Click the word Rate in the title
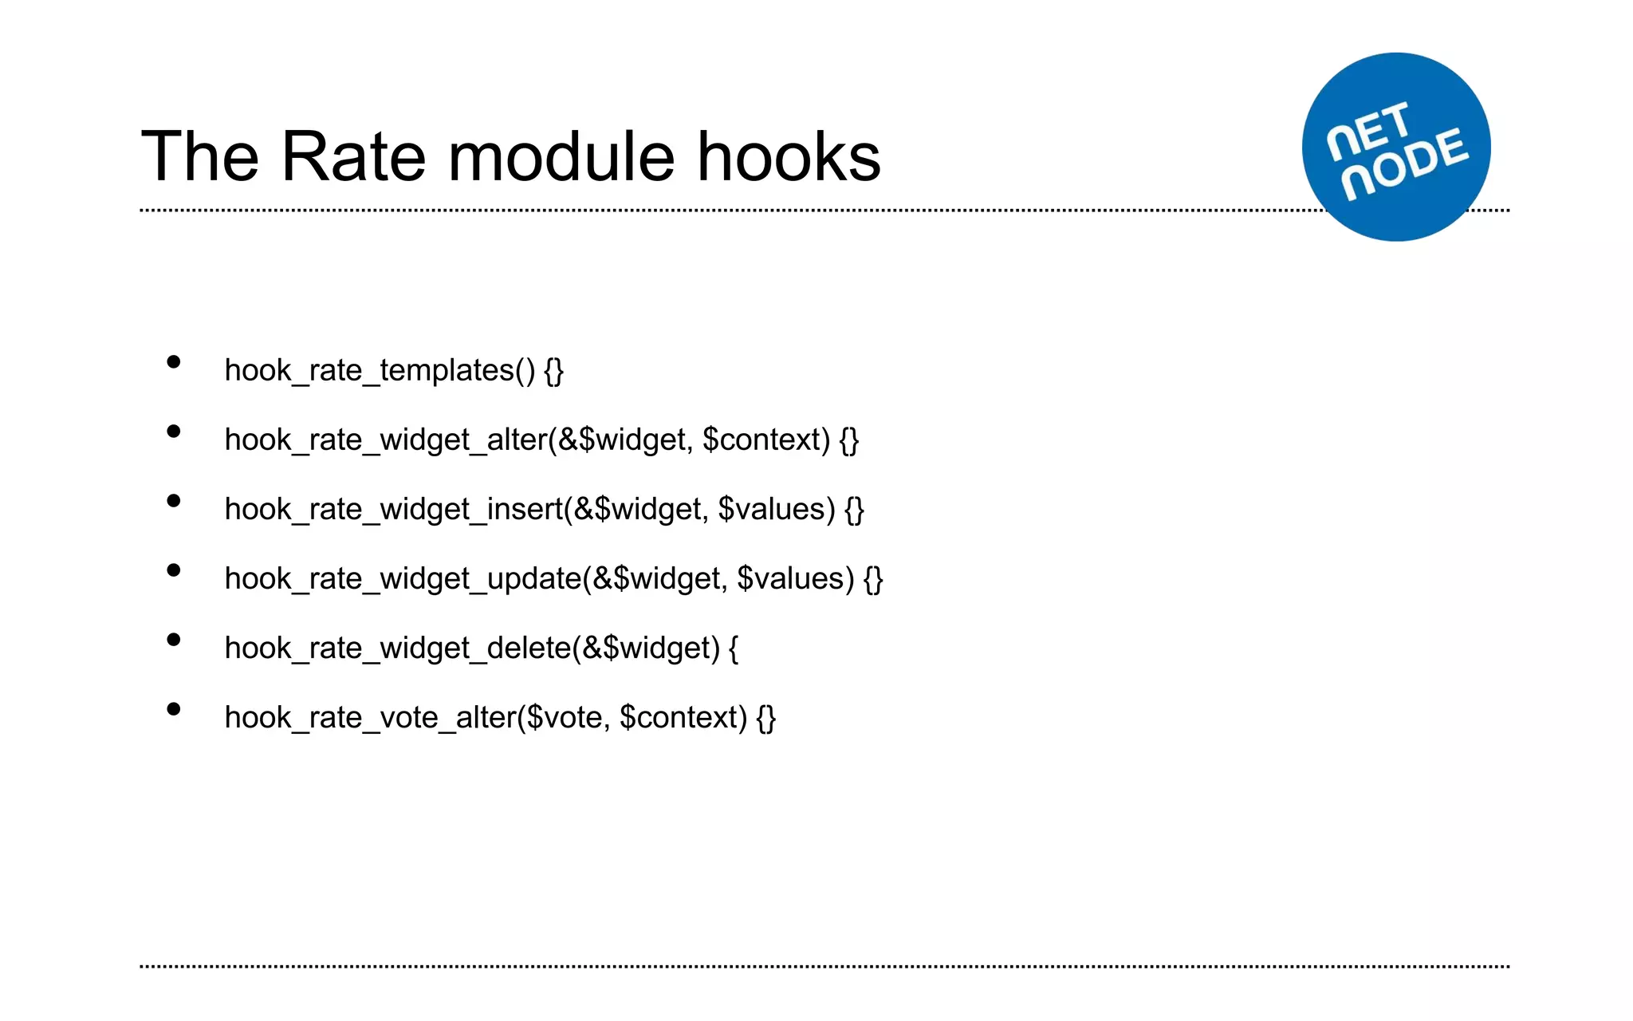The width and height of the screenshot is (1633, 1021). (353, 157)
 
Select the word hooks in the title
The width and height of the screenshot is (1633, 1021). (789, 157)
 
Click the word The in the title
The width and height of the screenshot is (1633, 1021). (200, 157)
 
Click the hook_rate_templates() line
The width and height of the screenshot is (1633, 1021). (394, 371)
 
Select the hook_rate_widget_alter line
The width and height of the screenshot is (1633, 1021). (541, 440)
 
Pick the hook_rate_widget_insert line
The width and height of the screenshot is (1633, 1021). (544, 510)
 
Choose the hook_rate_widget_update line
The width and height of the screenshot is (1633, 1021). (553, 579)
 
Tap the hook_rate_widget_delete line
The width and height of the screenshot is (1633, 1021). (481, 648)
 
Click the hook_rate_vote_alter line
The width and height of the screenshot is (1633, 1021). (500, 718)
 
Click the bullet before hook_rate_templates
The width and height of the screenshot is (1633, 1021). (174, 363)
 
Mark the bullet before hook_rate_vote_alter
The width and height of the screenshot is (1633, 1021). (174, 710)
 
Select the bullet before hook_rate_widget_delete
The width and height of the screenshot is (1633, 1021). (174, 641)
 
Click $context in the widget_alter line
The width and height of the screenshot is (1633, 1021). (766, 440)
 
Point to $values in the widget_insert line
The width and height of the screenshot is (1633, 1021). (777, 510)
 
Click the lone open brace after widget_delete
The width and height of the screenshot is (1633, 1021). (734, 648)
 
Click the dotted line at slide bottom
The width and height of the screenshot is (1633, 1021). (824, 967)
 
